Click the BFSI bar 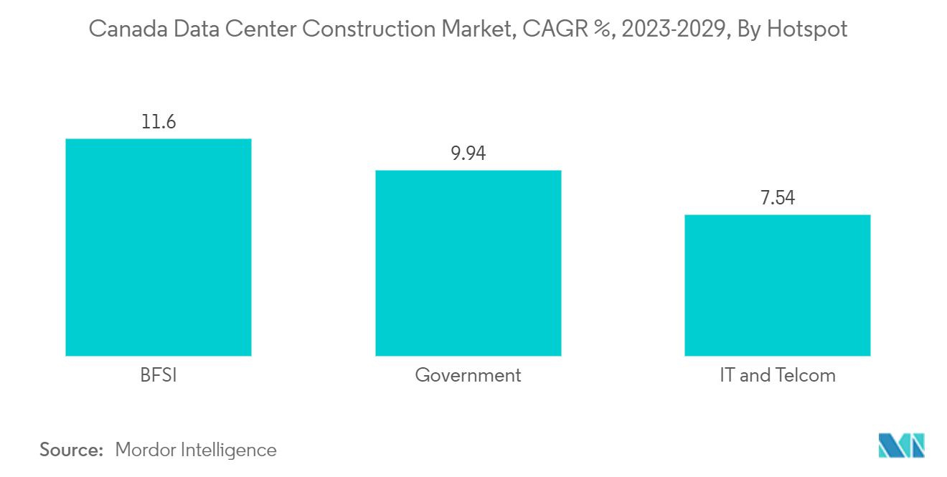pos(158,247)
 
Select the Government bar pos(468,263)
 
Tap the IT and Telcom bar pos(778,285)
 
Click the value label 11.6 pos(158,122)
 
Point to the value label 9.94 pos(468,154)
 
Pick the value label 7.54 pos(778,198)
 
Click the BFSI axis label pos(158,375)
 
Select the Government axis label pos(468,375)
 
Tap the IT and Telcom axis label pos(778,375)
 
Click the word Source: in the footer pos(72,450)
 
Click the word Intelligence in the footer pos(231,450)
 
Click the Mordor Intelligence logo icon pos(902,445)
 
